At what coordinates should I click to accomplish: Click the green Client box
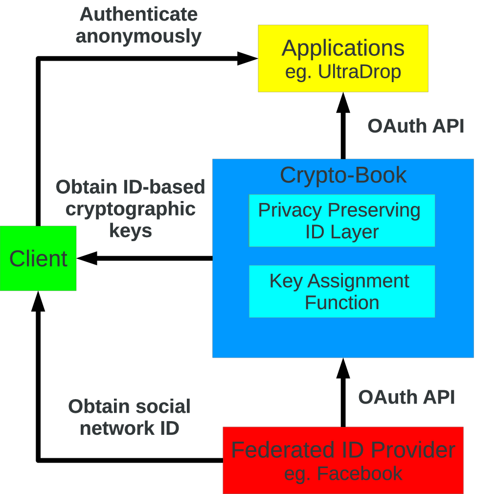click(x=38, y=258)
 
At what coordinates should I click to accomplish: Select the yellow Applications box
click(x=343, y=58)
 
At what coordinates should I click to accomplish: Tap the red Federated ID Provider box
click(x=343, y=460)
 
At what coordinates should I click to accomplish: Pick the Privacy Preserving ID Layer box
click(x=342, y=221)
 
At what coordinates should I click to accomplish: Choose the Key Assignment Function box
click(x=342, y=292)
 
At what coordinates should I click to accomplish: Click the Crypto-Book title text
click(x=343, y=175)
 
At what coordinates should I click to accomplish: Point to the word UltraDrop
click(x=359, y=71)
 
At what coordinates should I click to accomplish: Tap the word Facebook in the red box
click(x=359, y=473)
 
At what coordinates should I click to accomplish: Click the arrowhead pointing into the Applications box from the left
click(x=247, y=58)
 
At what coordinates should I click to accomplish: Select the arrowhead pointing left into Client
click(x=87, y=258)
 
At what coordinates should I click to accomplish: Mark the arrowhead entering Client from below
click(x=38, y=301)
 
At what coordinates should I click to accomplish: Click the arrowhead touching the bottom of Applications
click(x=343, y=103)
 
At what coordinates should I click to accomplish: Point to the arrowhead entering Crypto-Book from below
click(x=343, y=368)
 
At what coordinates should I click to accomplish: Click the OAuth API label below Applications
click(x=416, y=126)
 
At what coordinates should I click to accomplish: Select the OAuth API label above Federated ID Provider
click(x=406, y=397)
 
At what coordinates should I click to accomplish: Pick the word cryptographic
click(x=131, y=210)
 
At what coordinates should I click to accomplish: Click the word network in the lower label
click(x=117, y=428)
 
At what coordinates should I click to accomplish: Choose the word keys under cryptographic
click(x=131, y=231)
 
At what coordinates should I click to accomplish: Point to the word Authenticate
click(x=138, y=15)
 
